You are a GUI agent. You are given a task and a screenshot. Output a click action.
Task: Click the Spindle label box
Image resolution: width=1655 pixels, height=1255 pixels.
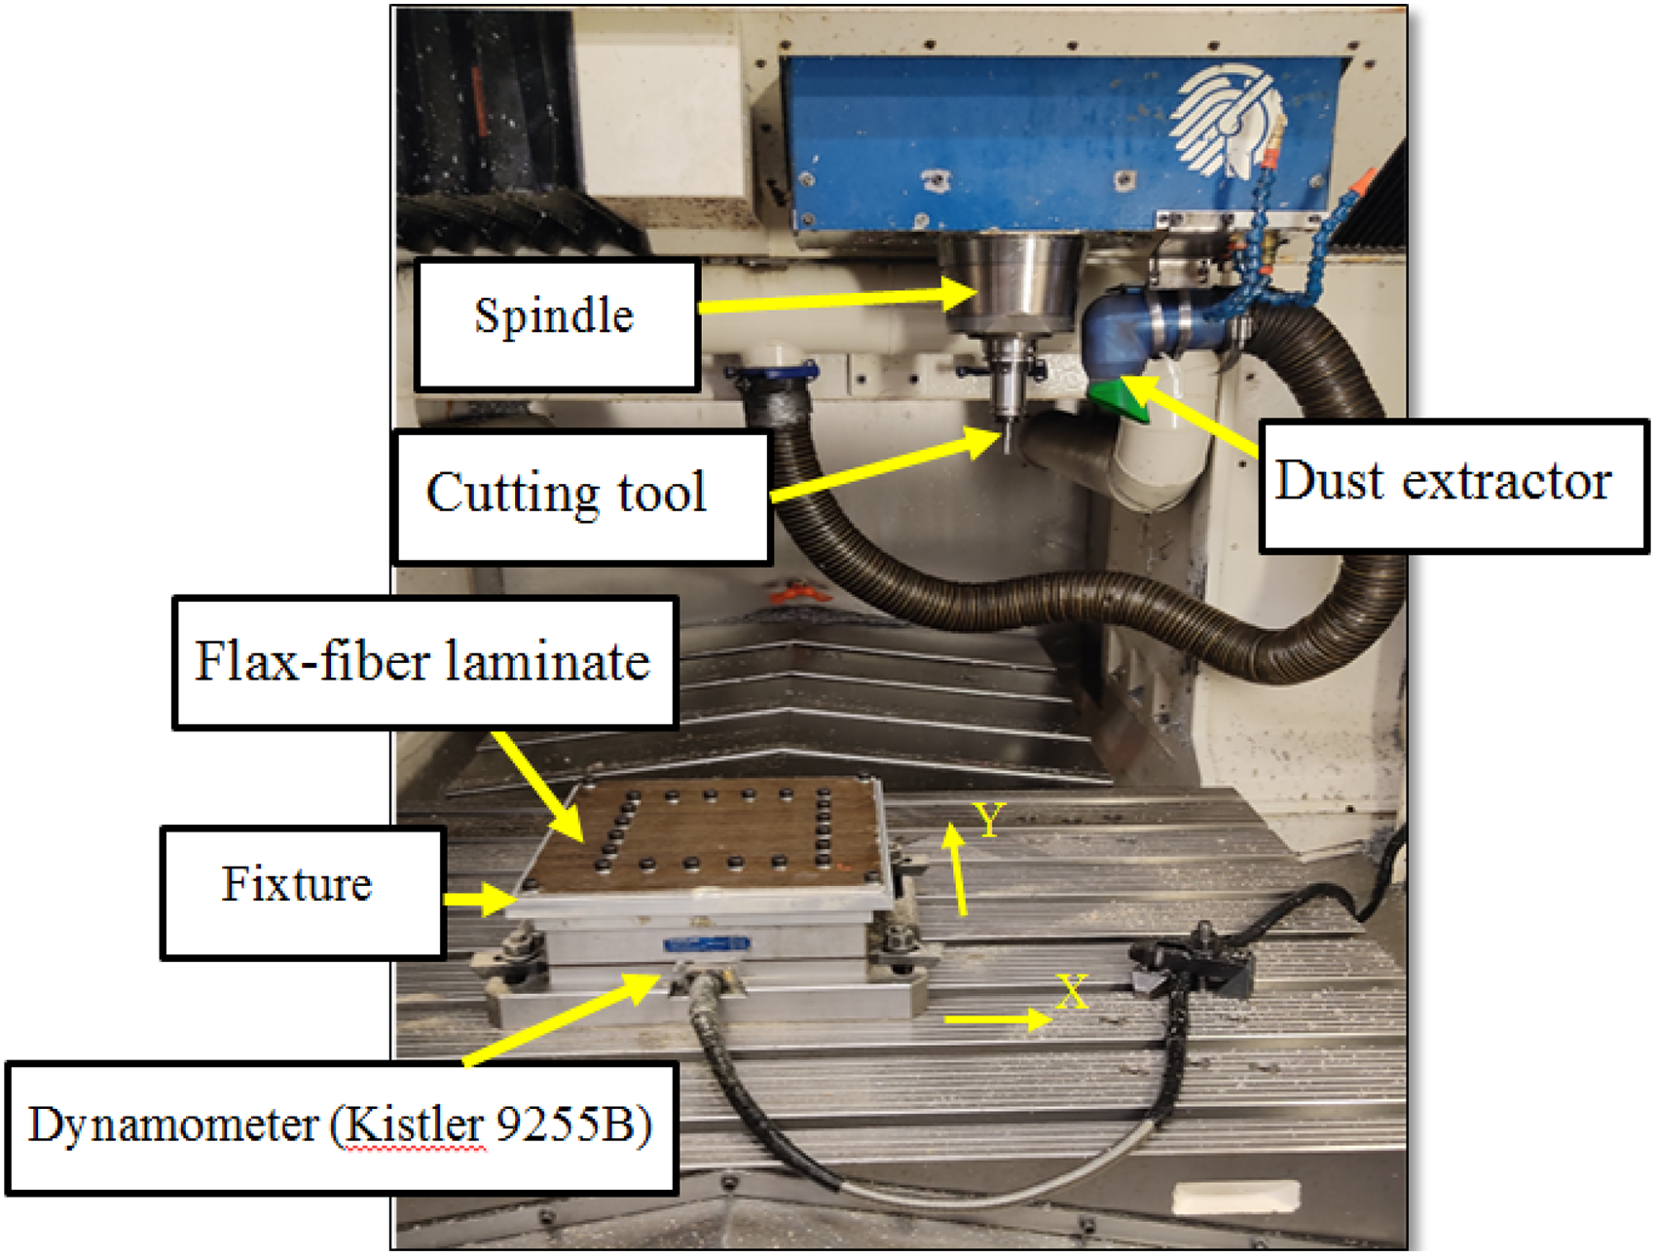click(557, 325)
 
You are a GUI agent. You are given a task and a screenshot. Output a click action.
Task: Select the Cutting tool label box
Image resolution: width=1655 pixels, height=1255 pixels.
click(582, 497)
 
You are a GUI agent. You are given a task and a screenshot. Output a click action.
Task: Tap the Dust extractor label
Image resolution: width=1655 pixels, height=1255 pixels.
click(1453, 487)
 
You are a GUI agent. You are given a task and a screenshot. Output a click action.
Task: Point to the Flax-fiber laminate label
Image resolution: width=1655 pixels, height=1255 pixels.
click(424, 662)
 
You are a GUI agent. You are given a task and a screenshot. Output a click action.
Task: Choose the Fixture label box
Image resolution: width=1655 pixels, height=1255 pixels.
click(303, 893)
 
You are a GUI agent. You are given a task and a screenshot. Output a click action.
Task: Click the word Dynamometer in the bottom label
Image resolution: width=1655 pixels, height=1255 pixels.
click(172, 1126)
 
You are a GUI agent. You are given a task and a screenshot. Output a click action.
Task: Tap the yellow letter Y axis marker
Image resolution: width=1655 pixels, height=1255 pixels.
click(989, 820)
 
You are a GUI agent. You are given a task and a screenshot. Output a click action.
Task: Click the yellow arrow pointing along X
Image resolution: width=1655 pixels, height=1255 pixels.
click(998, 1019)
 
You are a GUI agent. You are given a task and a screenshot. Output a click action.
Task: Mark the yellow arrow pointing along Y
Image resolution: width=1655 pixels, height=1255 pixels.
click(958, 869)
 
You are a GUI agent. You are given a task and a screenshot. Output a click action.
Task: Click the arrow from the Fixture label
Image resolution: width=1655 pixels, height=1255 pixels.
click(481, 900)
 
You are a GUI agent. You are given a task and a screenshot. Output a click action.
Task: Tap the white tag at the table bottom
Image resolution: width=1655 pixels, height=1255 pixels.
click(1235, 1196)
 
